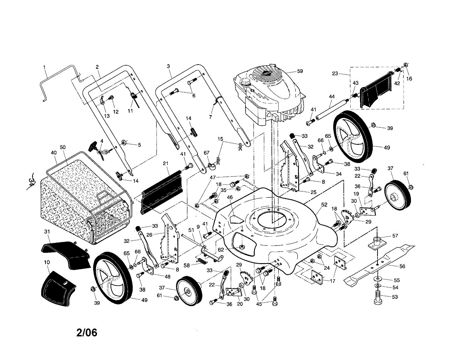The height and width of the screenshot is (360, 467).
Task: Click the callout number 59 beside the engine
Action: pos(311,71)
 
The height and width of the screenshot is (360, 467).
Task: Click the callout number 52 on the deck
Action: pos(324,204)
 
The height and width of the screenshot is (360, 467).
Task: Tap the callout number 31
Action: pos(47,232)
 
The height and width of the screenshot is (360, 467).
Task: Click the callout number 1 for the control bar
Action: pos(45,67)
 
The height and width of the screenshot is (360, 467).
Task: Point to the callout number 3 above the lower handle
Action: pos(169,66)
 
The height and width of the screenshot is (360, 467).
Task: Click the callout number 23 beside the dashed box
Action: pos(335,73)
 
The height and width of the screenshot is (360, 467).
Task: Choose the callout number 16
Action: pos(409,78)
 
